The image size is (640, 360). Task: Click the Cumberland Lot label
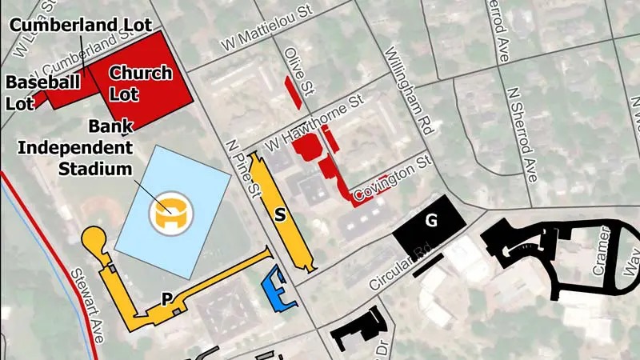click(x=81, y=25)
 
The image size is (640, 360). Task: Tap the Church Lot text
click(x=141, y=83)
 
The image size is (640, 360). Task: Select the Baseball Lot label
click(x=43, y=92)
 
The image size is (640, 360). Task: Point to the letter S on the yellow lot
click(x=280, y=214)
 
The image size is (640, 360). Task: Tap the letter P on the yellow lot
click(x=167, y=299)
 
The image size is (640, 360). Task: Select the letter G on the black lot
click(x=431, y=222)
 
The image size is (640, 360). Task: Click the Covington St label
click(x=394, y=178)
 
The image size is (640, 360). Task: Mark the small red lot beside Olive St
click(x=294, y=92)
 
